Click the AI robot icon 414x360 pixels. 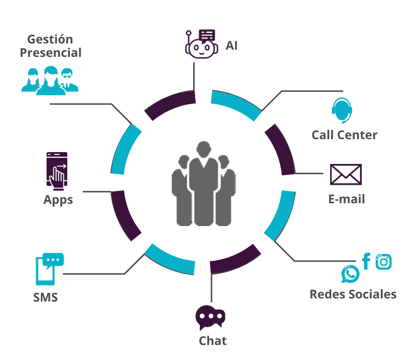pyautogui.click(x=200, y=44)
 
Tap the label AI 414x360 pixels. pyautogui.click(x=231, y=46)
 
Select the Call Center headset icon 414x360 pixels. pyautogui.click(x=342, y=110)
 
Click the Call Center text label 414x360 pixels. pyautogui.click(x=344, y=135)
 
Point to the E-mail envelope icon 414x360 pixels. pyautogui.click(x=346, y=175)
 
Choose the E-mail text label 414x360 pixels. pyautogui.click(x=346, y=199)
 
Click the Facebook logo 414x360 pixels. pyautogui.click(x=366, y=262)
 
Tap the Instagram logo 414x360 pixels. pyautogui.click(x=383, y=262)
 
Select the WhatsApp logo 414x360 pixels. pyautogui.click(x=350, y=274)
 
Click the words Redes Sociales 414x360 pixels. pyautogui.click(x=353, y=294)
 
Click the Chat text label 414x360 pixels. pyautogui.click(x=213, y=341)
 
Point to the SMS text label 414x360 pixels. pyautogui.click(x=46, y=298)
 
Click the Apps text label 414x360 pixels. pyautogui.click(x=58, y=200)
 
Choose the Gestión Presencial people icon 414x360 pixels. pyautogui.click(x=50, y=80)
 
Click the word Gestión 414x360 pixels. pyautogui.click(x=50, y=39)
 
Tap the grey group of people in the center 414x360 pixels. pyautogui.click(x=204, y=184)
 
